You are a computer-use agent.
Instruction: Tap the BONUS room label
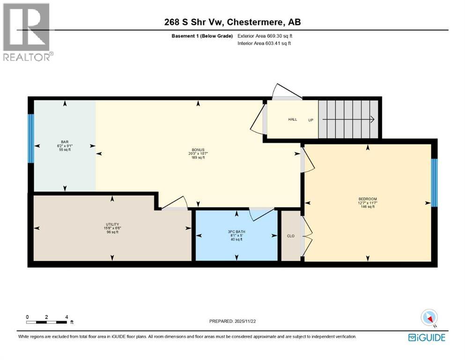[x=197, y=150]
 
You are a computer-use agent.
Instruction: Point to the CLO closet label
[x=290, y=236]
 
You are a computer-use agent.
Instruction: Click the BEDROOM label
[x=368, y=199]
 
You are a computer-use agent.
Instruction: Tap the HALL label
[x=293, y=120]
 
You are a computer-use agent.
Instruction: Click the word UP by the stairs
[x=310, y=120]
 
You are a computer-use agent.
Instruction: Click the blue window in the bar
[x=31, y=138]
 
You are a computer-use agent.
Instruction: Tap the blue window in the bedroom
[x=434, y=183]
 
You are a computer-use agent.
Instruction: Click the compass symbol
[x=429, y=317]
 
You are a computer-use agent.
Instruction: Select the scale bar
[x=47, y=322]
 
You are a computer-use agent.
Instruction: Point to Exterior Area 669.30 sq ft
[x=267, y=36]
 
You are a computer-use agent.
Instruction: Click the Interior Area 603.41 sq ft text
[x=265, y=44]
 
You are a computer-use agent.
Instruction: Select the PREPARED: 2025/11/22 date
[x=233, y=321]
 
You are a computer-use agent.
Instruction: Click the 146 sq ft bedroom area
[x=368, y=207]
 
